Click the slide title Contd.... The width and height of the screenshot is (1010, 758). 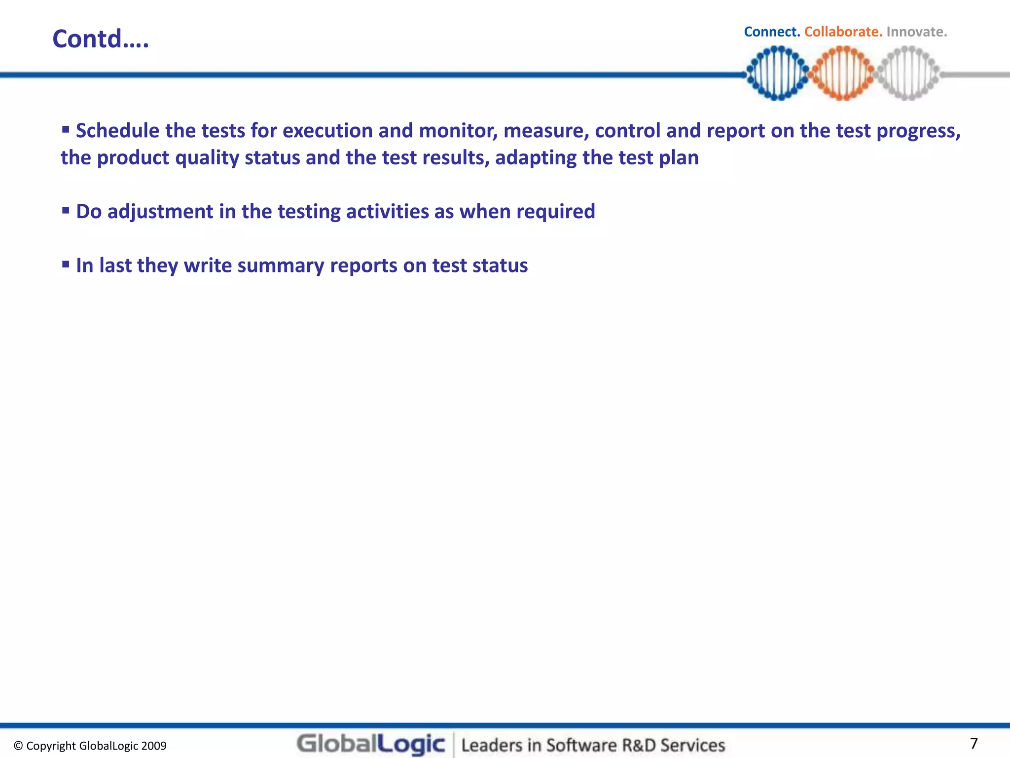[x=101, y=39]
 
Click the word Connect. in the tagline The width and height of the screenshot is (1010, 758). [x=772, y=32]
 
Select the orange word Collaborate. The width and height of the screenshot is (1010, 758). [x=843, y=32]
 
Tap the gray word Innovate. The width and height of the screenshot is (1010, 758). [x=916, y=32]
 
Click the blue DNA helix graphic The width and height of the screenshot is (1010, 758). [x=778, y=73]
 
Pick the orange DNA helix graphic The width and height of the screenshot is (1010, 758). [x=843, y=73]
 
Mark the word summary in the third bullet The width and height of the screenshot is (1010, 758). [x=281, y=265]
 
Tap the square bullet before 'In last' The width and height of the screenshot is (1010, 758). [x=66, y=264]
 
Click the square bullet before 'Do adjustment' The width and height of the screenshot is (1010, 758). [x=66, y=210]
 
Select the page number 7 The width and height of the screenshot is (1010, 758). [x=974, y=743]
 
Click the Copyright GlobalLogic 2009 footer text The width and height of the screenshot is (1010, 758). [x=90, y=746]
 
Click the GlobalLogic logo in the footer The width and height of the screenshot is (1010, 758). [x=371, y=744]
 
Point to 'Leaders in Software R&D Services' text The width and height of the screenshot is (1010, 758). [x=593, y=745]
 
